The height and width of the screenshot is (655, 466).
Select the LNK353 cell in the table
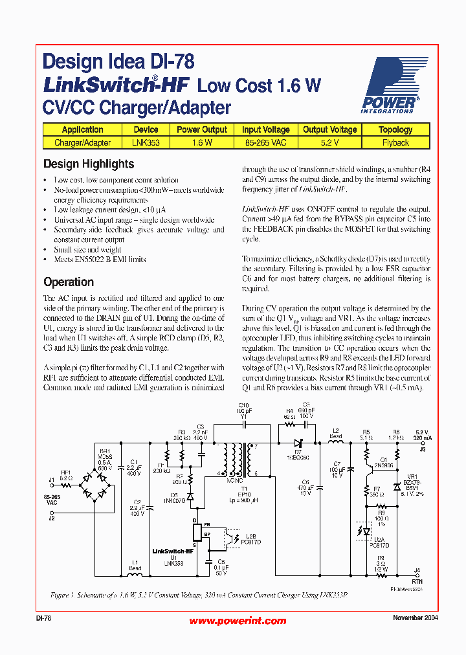(146, 142)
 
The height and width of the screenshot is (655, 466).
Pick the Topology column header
(395, 129)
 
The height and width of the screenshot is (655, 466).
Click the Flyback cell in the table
(395, 142)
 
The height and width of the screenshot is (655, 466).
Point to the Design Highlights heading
(89, 164)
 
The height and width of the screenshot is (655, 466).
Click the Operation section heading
(69, 282)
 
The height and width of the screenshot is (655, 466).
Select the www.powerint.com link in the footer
(237, 621)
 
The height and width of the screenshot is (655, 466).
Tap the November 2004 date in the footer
(415, 618)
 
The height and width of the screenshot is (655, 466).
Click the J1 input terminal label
(52, 480)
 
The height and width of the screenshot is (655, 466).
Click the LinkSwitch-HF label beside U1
(173, 551)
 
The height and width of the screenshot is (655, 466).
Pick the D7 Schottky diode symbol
(298, 443)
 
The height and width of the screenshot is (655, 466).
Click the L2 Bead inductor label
(336, 434)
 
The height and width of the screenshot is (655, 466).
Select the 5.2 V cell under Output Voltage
(329, 142)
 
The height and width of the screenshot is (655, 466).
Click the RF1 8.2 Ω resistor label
(67, 475)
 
